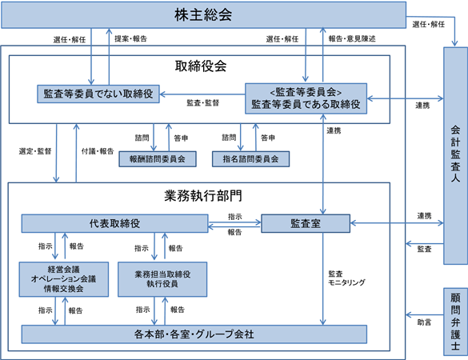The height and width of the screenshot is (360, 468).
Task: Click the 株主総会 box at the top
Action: pos(203,15)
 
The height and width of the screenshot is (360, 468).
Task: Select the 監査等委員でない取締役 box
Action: pos(98,94)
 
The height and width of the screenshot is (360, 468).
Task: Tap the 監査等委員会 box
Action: pos(306,98)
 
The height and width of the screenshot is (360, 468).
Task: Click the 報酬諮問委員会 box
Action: pos(158,159)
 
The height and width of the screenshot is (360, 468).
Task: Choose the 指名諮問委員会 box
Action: pos(250,159)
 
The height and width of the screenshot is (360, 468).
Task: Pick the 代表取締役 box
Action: pos(114,223)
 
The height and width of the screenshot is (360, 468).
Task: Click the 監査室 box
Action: pos(306,223)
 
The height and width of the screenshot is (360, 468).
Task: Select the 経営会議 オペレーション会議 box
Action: pos(64,279)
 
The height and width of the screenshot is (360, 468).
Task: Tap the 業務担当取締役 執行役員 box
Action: pos(162,279)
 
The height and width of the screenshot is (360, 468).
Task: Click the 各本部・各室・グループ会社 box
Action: pos(194,334)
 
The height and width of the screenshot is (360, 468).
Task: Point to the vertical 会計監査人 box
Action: pos(455,156)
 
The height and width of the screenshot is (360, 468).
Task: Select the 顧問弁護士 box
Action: pos(455,322)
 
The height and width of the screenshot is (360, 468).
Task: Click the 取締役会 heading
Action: pos(201,66)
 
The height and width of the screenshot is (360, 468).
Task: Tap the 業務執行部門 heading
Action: pos(203,196)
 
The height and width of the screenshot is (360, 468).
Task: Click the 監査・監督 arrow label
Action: pos(203,103)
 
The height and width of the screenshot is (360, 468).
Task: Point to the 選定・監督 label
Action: pos(35,151)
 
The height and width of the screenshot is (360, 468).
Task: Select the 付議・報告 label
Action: pos(98,151)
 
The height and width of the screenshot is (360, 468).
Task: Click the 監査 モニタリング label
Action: pos(346,278)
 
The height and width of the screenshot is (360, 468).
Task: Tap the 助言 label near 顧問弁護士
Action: pos(424,322)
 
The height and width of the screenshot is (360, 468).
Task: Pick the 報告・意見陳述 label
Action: pos(352,39)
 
